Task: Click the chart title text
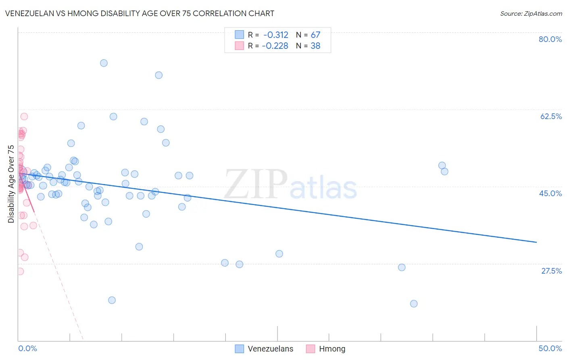[x=140, y=13]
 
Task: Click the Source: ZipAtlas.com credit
[x=531, y=13]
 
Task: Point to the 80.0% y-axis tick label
[x=550, y=39]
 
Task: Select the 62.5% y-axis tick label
[x=551, y=116]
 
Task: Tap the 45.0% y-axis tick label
[x=550, y=193]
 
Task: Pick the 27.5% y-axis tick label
[x=551, y=271]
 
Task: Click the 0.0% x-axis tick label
[x=27, y=348]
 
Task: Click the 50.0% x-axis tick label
[x=550, y=348]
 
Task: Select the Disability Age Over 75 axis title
[x=11, y=184]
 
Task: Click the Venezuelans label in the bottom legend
[x=270, y=349]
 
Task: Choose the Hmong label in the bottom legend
[x=332, y=349]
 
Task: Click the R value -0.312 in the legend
[x=276, y=35]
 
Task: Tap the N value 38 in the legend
[x=315, y=46]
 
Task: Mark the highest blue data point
[x=104, y=63]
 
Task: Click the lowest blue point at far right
[x=414, y=303]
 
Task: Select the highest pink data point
[x=24, y=117]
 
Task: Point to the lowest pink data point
[x=20, y=271]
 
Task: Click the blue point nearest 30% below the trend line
[x=279, y=254]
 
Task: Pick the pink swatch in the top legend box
[x=240, y=46]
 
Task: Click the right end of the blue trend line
[x=536, y=242]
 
